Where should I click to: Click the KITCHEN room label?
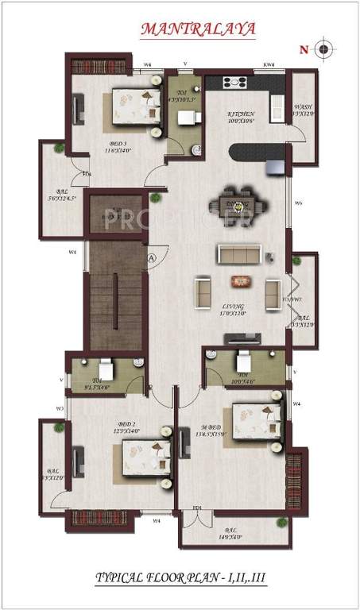(x=239, y=117)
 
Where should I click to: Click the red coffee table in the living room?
(x=238, y=280)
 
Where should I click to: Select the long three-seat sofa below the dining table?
(x=239, y=254)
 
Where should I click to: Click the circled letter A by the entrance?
(x=151, y=257)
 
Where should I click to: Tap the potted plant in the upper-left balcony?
(x=59, y=149)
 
